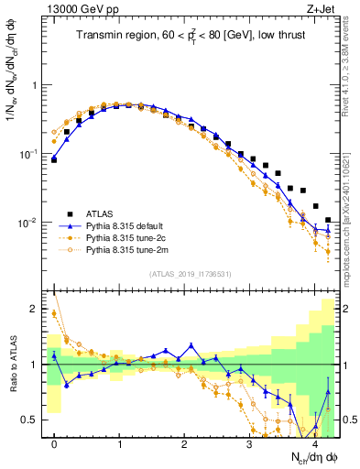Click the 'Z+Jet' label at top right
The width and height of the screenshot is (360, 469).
click(x=319, y=9)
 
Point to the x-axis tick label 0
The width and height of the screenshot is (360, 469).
click(x=55, y=444)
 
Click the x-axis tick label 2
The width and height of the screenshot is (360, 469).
click(x=185, y=444)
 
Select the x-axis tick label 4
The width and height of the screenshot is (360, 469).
click(x=315, y=444)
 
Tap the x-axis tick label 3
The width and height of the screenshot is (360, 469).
click(x=250, y=444)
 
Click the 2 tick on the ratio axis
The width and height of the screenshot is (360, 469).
click(x=37, y=309)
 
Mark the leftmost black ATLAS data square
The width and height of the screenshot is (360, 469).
click(x=54, y=159)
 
